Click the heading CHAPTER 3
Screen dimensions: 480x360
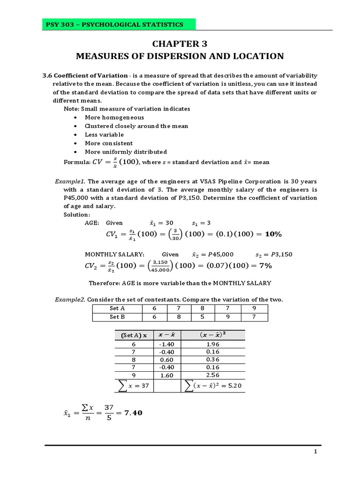[180, 44]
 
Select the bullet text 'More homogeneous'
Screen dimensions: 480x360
[114, 117]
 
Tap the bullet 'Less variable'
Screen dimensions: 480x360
[104, 135]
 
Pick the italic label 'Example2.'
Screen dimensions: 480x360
[70, 299]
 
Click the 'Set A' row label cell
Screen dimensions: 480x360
[117, 308]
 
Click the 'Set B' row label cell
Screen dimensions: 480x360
[117, 317]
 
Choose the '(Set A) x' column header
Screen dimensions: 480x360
[134, 335]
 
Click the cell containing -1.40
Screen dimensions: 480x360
[167, 344]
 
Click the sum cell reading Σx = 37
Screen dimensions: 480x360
[134, 385]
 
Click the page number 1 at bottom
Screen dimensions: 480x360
[316, 452]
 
